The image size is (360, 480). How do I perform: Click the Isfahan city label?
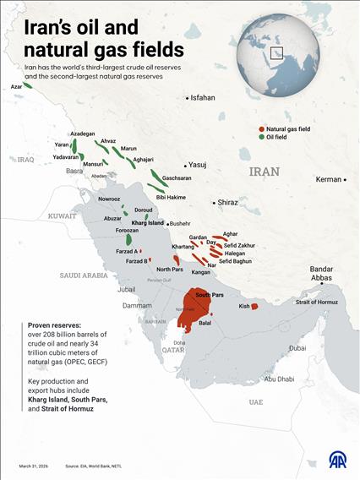(203, 98)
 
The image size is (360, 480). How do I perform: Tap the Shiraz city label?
(227, 203)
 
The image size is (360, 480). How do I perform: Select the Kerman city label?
(328, 179)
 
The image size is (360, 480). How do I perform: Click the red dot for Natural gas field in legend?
(260, 128)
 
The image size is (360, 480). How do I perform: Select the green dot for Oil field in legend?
(260, 137)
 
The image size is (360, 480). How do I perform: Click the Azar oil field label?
(16, 86)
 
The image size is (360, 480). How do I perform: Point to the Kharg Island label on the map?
(147, 223)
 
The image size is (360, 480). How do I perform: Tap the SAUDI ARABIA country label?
(84, 275)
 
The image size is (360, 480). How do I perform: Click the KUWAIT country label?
(62, 215)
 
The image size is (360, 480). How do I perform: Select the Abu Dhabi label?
(279, 379)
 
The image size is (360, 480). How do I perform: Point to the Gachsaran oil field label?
(177, 178)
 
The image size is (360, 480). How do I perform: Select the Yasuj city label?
(198, 165)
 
